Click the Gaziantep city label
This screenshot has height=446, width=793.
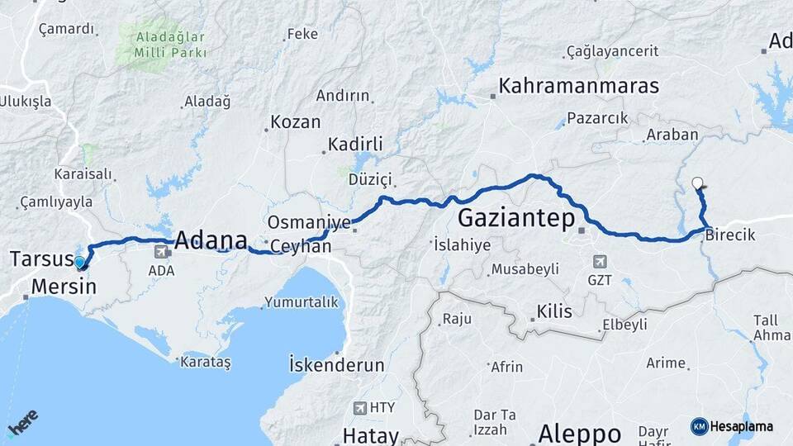tap(516, 219)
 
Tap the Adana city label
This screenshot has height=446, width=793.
tap(210, 240)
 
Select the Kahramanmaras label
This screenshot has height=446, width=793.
tap(579, 86)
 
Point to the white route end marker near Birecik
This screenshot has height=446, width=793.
tap(697, 184)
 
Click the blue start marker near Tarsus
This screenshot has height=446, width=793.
tap(79, 263)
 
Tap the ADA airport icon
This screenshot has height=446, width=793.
tap(160, 253)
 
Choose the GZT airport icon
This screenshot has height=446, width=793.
tap(600, 262)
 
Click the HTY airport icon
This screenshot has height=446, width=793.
tap(360, 407)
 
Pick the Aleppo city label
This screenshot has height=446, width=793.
tap(579, 434)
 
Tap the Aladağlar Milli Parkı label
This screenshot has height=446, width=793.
tap(161, 45)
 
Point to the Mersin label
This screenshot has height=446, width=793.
tap(64, 287)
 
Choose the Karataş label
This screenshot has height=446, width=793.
tap(207, 362)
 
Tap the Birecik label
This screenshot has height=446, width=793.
tap(730, 235)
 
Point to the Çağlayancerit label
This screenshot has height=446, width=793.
tap(612, 51)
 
